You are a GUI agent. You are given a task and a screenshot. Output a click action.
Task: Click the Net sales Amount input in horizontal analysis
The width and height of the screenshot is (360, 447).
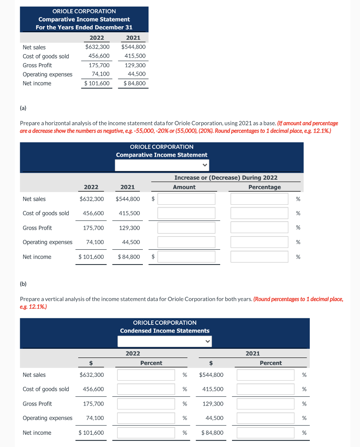pos(187,199)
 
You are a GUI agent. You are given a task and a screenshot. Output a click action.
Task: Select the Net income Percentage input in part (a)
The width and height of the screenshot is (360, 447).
pos(260,257)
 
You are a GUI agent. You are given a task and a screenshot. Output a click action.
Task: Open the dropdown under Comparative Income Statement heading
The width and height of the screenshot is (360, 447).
pos(162,165)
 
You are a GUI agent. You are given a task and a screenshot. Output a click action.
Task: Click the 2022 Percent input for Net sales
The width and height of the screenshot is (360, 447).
pos(146,375)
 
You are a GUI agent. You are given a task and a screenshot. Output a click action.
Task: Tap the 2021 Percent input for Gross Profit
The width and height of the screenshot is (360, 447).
pos(266,404)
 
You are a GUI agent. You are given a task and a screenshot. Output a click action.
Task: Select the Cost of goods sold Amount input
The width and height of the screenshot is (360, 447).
pos(187,213)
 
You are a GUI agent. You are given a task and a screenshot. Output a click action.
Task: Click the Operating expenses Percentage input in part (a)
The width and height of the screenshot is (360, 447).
pos(260,242)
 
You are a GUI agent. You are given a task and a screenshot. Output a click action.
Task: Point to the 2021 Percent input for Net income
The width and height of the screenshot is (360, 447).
pos(266,433)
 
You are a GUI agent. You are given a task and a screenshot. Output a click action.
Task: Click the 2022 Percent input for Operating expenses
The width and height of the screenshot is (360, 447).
pos(146,418)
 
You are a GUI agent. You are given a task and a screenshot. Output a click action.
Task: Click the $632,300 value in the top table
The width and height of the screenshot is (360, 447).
pos(97,47)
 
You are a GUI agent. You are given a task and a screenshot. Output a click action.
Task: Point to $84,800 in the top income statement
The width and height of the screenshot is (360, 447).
pos(135,83)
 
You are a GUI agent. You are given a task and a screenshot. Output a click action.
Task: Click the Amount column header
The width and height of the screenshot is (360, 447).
pos(184,187)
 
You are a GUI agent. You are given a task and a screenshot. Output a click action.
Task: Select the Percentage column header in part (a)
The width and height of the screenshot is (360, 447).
pos(264,187)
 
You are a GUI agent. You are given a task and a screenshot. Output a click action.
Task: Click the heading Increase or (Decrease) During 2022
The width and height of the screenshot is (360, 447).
pos(225,178)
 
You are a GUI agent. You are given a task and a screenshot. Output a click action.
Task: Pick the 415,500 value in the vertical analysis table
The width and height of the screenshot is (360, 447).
pos(213,389)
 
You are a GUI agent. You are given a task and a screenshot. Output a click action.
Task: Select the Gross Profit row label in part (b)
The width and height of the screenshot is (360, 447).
pos(37,404)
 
